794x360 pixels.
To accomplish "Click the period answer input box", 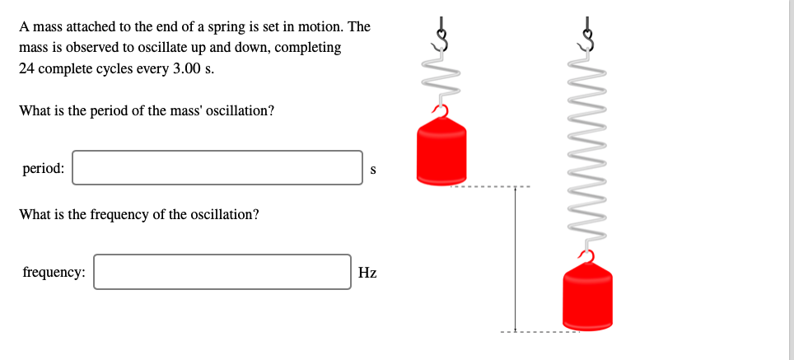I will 217,168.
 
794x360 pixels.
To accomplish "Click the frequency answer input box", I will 222,272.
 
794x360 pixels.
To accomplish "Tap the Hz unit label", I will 367,273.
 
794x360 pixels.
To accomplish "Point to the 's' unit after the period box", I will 373,170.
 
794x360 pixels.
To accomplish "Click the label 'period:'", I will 44,168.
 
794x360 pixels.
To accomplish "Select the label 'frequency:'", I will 54,273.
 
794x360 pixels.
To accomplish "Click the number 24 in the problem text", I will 26,68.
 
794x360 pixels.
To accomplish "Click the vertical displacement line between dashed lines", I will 516,259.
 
